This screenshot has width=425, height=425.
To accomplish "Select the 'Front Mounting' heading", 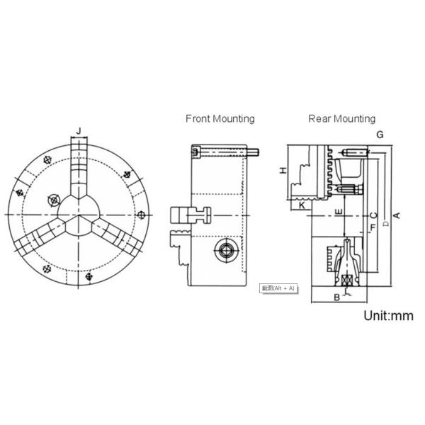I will coord(220,118).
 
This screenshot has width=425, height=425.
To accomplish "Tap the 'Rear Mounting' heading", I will coord(341,118).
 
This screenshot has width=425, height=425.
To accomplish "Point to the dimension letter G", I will coord(380,134).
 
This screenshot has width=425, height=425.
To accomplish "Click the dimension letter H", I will coord(282,171).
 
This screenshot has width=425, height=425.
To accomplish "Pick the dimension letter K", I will coord(302,205).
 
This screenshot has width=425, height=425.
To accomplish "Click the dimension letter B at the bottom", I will coord(336,297).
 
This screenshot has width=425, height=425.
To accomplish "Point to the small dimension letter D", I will coord(385,224).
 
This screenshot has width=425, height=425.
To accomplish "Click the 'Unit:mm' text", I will coord(388,316).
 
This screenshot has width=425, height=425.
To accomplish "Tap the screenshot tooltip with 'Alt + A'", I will coord(277,288).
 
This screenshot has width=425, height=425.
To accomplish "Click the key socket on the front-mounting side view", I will coord(225,249).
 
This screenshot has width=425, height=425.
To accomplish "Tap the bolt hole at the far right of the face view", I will coord(144,215).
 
